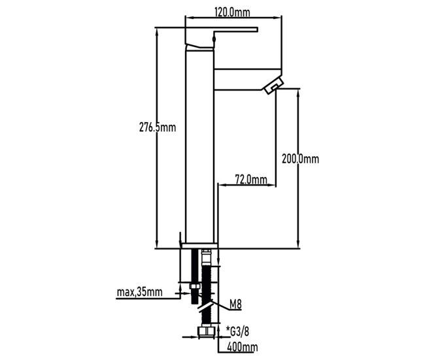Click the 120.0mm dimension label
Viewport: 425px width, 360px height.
232,12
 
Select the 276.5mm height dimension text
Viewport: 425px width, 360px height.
158,127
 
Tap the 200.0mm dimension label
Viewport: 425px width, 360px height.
300,159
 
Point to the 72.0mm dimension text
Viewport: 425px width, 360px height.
250,179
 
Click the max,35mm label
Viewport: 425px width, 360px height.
139,292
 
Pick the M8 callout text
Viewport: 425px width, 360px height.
235,304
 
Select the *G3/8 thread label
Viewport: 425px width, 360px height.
237,331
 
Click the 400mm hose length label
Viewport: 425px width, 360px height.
243,347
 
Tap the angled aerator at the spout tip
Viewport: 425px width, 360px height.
273,86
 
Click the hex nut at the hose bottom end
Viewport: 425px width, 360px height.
206,332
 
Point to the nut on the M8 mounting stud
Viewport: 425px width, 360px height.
195,287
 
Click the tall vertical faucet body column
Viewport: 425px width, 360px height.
200,146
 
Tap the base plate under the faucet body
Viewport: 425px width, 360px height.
200,246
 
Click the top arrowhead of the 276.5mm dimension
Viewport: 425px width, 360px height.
156,32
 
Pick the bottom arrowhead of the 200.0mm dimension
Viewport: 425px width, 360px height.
298,244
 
